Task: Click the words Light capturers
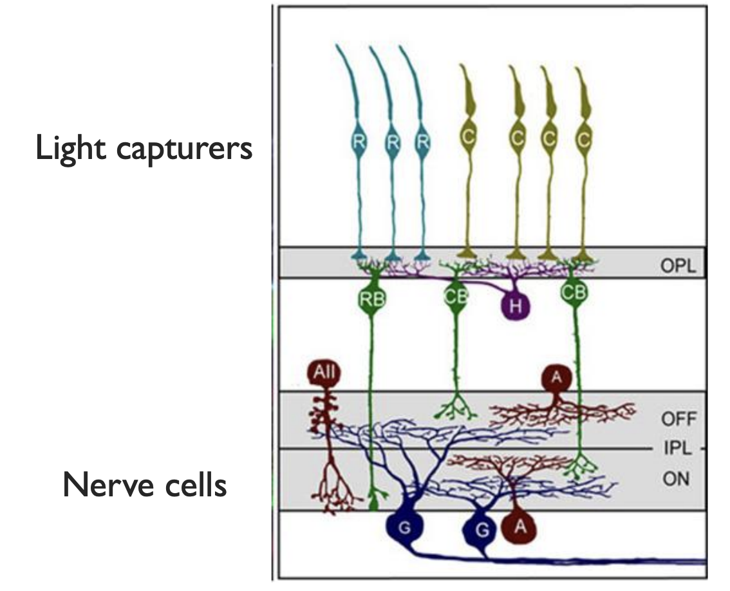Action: (144, 149)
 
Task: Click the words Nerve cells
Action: (145, 485)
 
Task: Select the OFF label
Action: (679, 419)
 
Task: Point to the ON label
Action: (676, 480)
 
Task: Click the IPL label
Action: (677, 449)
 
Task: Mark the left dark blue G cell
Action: (407, 528)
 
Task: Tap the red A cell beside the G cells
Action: (519, 527)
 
